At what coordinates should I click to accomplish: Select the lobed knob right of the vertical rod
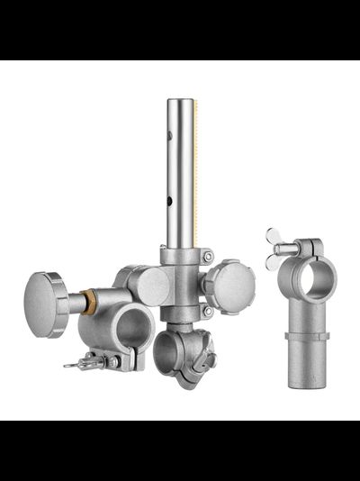coord(229,285)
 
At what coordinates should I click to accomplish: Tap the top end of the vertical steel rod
coord(179,102)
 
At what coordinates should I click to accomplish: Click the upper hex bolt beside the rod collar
coord(207,258)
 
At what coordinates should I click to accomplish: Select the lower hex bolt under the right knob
coord(207,312)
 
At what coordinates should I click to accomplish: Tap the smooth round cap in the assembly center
coord(151,286)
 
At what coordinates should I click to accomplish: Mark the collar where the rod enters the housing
coord(180,256)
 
